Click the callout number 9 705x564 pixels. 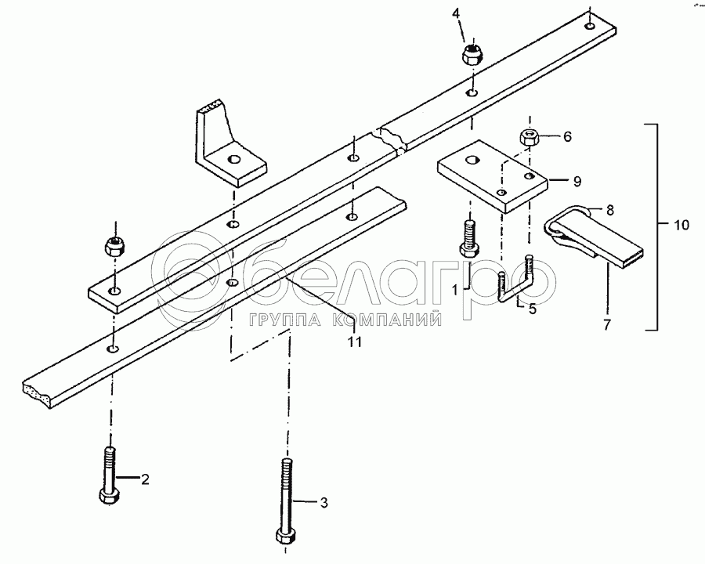577,182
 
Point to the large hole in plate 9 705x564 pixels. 472,161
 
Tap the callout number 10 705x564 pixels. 681,226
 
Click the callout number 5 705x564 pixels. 532,309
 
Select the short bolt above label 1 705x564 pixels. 468,238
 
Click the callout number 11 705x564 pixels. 355,342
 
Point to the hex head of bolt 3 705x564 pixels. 285,536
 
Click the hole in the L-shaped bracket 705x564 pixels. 233,161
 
